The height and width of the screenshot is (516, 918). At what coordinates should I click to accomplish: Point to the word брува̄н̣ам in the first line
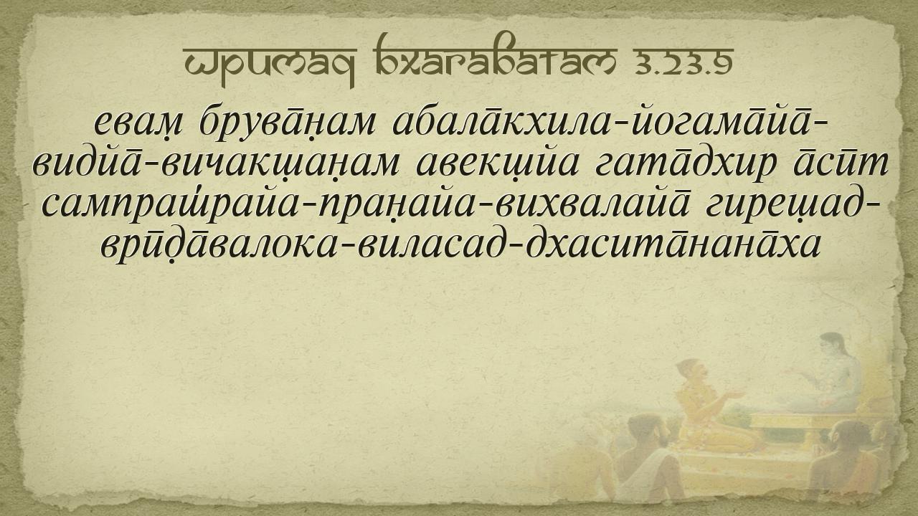click(x=288, y=123)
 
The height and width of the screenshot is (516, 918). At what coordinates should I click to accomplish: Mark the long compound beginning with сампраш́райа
click(x=366, y=206)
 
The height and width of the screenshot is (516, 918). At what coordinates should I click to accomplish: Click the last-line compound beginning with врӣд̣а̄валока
click(x=461, y=245)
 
